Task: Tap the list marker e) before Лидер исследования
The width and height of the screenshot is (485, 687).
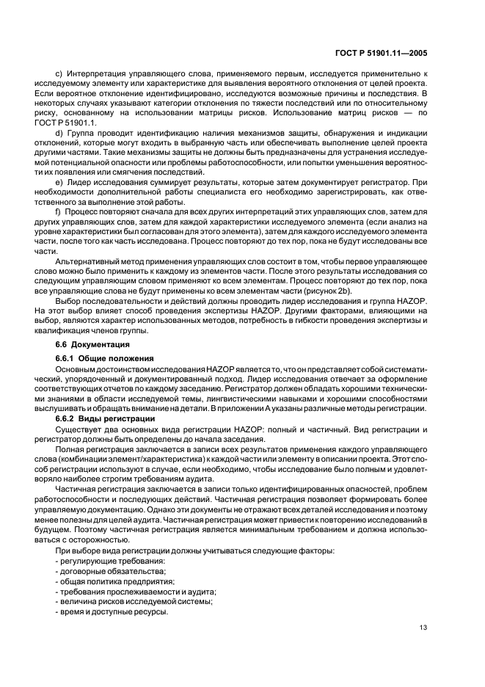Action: coord(59,180)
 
